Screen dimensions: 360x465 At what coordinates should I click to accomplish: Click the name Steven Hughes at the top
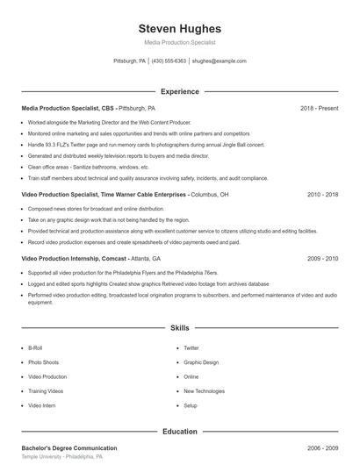pos(180,28)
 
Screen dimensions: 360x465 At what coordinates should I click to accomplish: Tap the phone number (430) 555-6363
pos(169,61)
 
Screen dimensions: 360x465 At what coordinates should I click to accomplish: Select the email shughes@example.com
pos(219,61)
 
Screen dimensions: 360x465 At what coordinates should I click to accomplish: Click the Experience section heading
pos(180,91)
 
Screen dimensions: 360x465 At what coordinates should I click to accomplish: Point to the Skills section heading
pos(180,328)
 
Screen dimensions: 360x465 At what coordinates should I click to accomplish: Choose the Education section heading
pos(180,432)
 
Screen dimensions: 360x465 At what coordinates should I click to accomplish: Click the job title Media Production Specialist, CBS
pos(68,108)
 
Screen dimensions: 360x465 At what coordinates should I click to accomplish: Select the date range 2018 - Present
pos(319,108)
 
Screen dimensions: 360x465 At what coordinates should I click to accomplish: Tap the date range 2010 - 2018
pos(322,194)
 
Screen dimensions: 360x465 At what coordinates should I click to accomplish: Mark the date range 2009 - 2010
pos(322,259)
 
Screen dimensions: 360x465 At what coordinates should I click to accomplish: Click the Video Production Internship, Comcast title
pos(74,259)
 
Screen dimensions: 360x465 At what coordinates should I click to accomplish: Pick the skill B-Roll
pos(35,347)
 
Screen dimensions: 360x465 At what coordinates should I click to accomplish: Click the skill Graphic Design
pos(200,362)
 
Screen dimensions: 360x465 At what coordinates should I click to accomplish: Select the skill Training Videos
pos(46,391)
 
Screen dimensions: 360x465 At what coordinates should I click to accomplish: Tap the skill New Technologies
pos(204,391)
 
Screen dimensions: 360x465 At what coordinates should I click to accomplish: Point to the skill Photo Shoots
pos(43,362)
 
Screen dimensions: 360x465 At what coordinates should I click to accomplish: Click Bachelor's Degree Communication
pos(68,447)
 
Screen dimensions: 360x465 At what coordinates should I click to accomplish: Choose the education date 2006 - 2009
pos(322,447)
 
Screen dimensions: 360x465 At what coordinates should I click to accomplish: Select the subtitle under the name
pos(180,42)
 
